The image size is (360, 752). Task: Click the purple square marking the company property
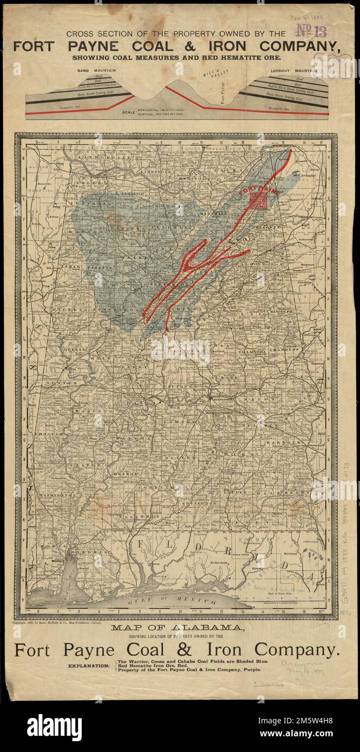[259, 201]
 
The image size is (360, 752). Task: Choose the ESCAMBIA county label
[141, 517]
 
